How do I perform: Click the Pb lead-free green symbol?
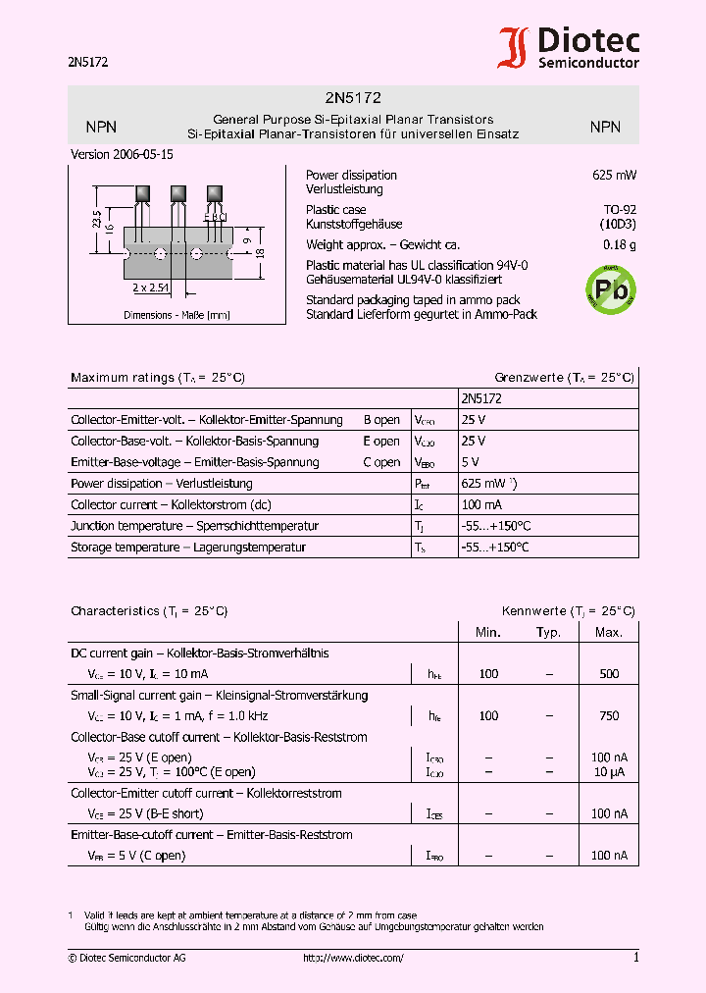point(610,288)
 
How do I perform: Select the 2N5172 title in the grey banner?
point(352,98)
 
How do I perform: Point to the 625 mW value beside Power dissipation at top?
point(614,175)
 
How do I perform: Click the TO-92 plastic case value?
point(619,209)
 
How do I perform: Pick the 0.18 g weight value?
point(619,244)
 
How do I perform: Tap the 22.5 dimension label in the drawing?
point(96,219)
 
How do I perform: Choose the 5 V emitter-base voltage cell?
point(470,462)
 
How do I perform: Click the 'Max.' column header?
point(609,632)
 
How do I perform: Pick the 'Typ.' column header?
point(548,632)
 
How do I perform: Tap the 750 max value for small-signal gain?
point(609,716)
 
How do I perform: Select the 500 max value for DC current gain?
point(609,674)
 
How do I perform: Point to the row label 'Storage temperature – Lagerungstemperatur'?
point(188,548)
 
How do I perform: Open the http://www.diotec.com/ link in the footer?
point(353,958)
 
